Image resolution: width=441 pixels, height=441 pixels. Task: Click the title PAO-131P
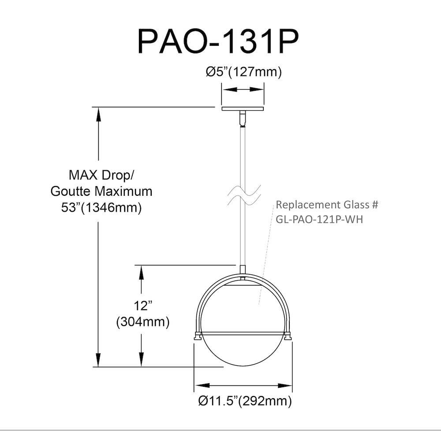coord(218,41)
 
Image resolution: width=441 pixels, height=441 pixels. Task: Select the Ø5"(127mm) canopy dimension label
coord(243,72)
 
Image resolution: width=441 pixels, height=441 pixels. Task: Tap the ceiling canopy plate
coord(243,109)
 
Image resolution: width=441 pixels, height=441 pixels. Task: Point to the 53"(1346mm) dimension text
coord(101,208)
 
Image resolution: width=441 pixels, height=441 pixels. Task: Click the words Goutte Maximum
coord(101,191)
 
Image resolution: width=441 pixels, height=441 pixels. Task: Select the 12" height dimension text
coord(143,306)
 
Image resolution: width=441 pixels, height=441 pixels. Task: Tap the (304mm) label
coord(143,321)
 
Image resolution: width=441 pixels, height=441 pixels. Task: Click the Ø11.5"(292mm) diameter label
coord(245,400)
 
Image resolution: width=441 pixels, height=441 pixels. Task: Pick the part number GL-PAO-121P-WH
coord(319,219)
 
